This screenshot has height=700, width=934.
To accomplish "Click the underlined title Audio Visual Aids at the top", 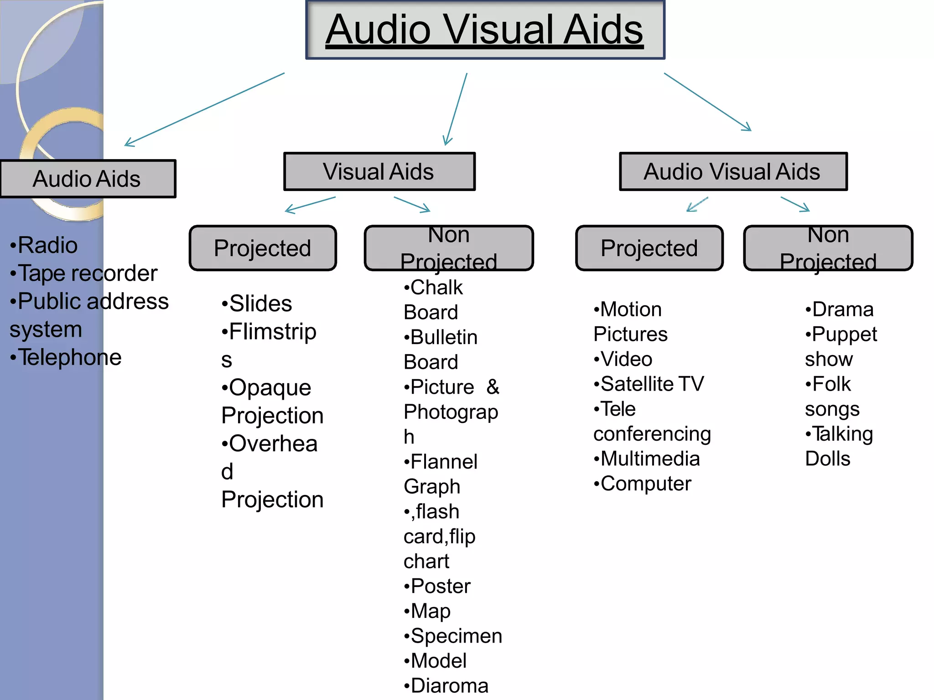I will click(484, 30).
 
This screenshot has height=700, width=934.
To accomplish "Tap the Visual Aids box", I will click(379, 172).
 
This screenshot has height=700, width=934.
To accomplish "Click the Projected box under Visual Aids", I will click(263, 248).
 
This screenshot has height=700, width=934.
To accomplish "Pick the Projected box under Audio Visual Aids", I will click(649, 248).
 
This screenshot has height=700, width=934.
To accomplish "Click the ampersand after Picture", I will click(493, 387).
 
